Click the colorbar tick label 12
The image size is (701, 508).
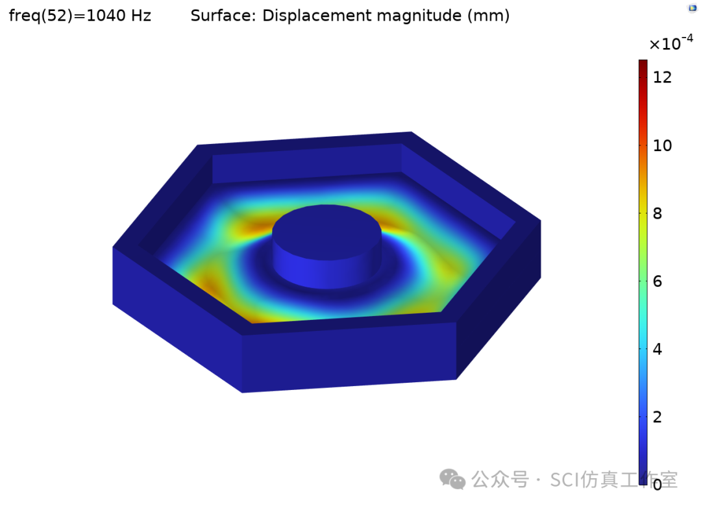[x=662, y=77]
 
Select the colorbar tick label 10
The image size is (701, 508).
[x=662, y=145]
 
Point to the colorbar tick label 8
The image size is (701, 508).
[x=658, y=213]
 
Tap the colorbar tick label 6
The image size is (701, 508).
[x=658, y=281]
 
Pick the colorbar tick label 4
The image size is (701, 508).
[x=658, y=349]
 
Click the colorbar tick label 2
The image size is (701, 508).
[x=658, y=417]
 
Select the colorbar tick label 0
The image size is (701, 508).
[x=658, y=484]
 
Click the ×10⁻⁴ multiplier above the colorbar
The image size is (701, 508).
[x=670, y=43]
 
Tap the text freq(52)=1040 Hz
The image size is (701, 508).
[x=80, y=16]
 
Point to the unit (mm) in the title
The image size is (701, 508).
[x=489, y=16]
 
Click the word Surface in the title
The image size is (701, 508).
[x=222, y=16]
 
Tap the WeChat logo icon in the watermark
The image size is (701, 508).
[x=452, y=479]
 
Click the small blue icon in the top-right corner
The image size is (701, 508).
[x=692, y=8]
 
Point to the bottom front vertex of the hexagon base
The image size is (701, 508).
[x=243, y=392]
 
